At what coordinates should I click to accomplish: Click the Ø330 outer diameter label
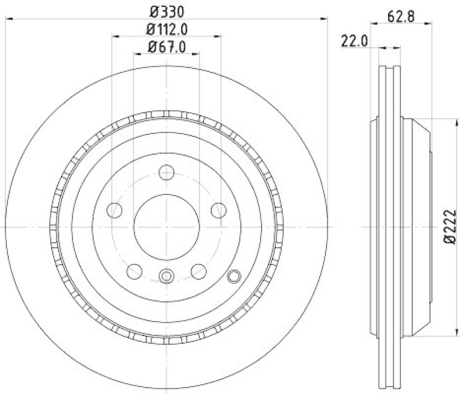166,10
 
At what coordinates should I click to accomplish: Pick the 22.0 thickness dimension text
354,42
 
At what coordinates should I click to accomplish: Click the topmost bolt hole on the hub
166,172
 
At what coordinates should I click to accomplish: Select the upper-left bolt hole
115,210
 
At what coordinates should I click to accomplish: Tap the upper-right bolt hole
218,210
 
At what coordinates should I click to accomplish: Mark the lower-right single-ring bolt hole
198,270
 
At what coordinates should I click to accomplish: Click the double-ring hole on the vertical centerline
166,276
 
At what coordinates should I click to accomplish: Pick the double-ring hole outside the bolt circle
233,277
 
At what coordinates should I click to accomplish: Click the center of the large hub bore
166,227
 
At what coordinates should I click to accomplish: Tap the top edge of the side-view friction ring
389,67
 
